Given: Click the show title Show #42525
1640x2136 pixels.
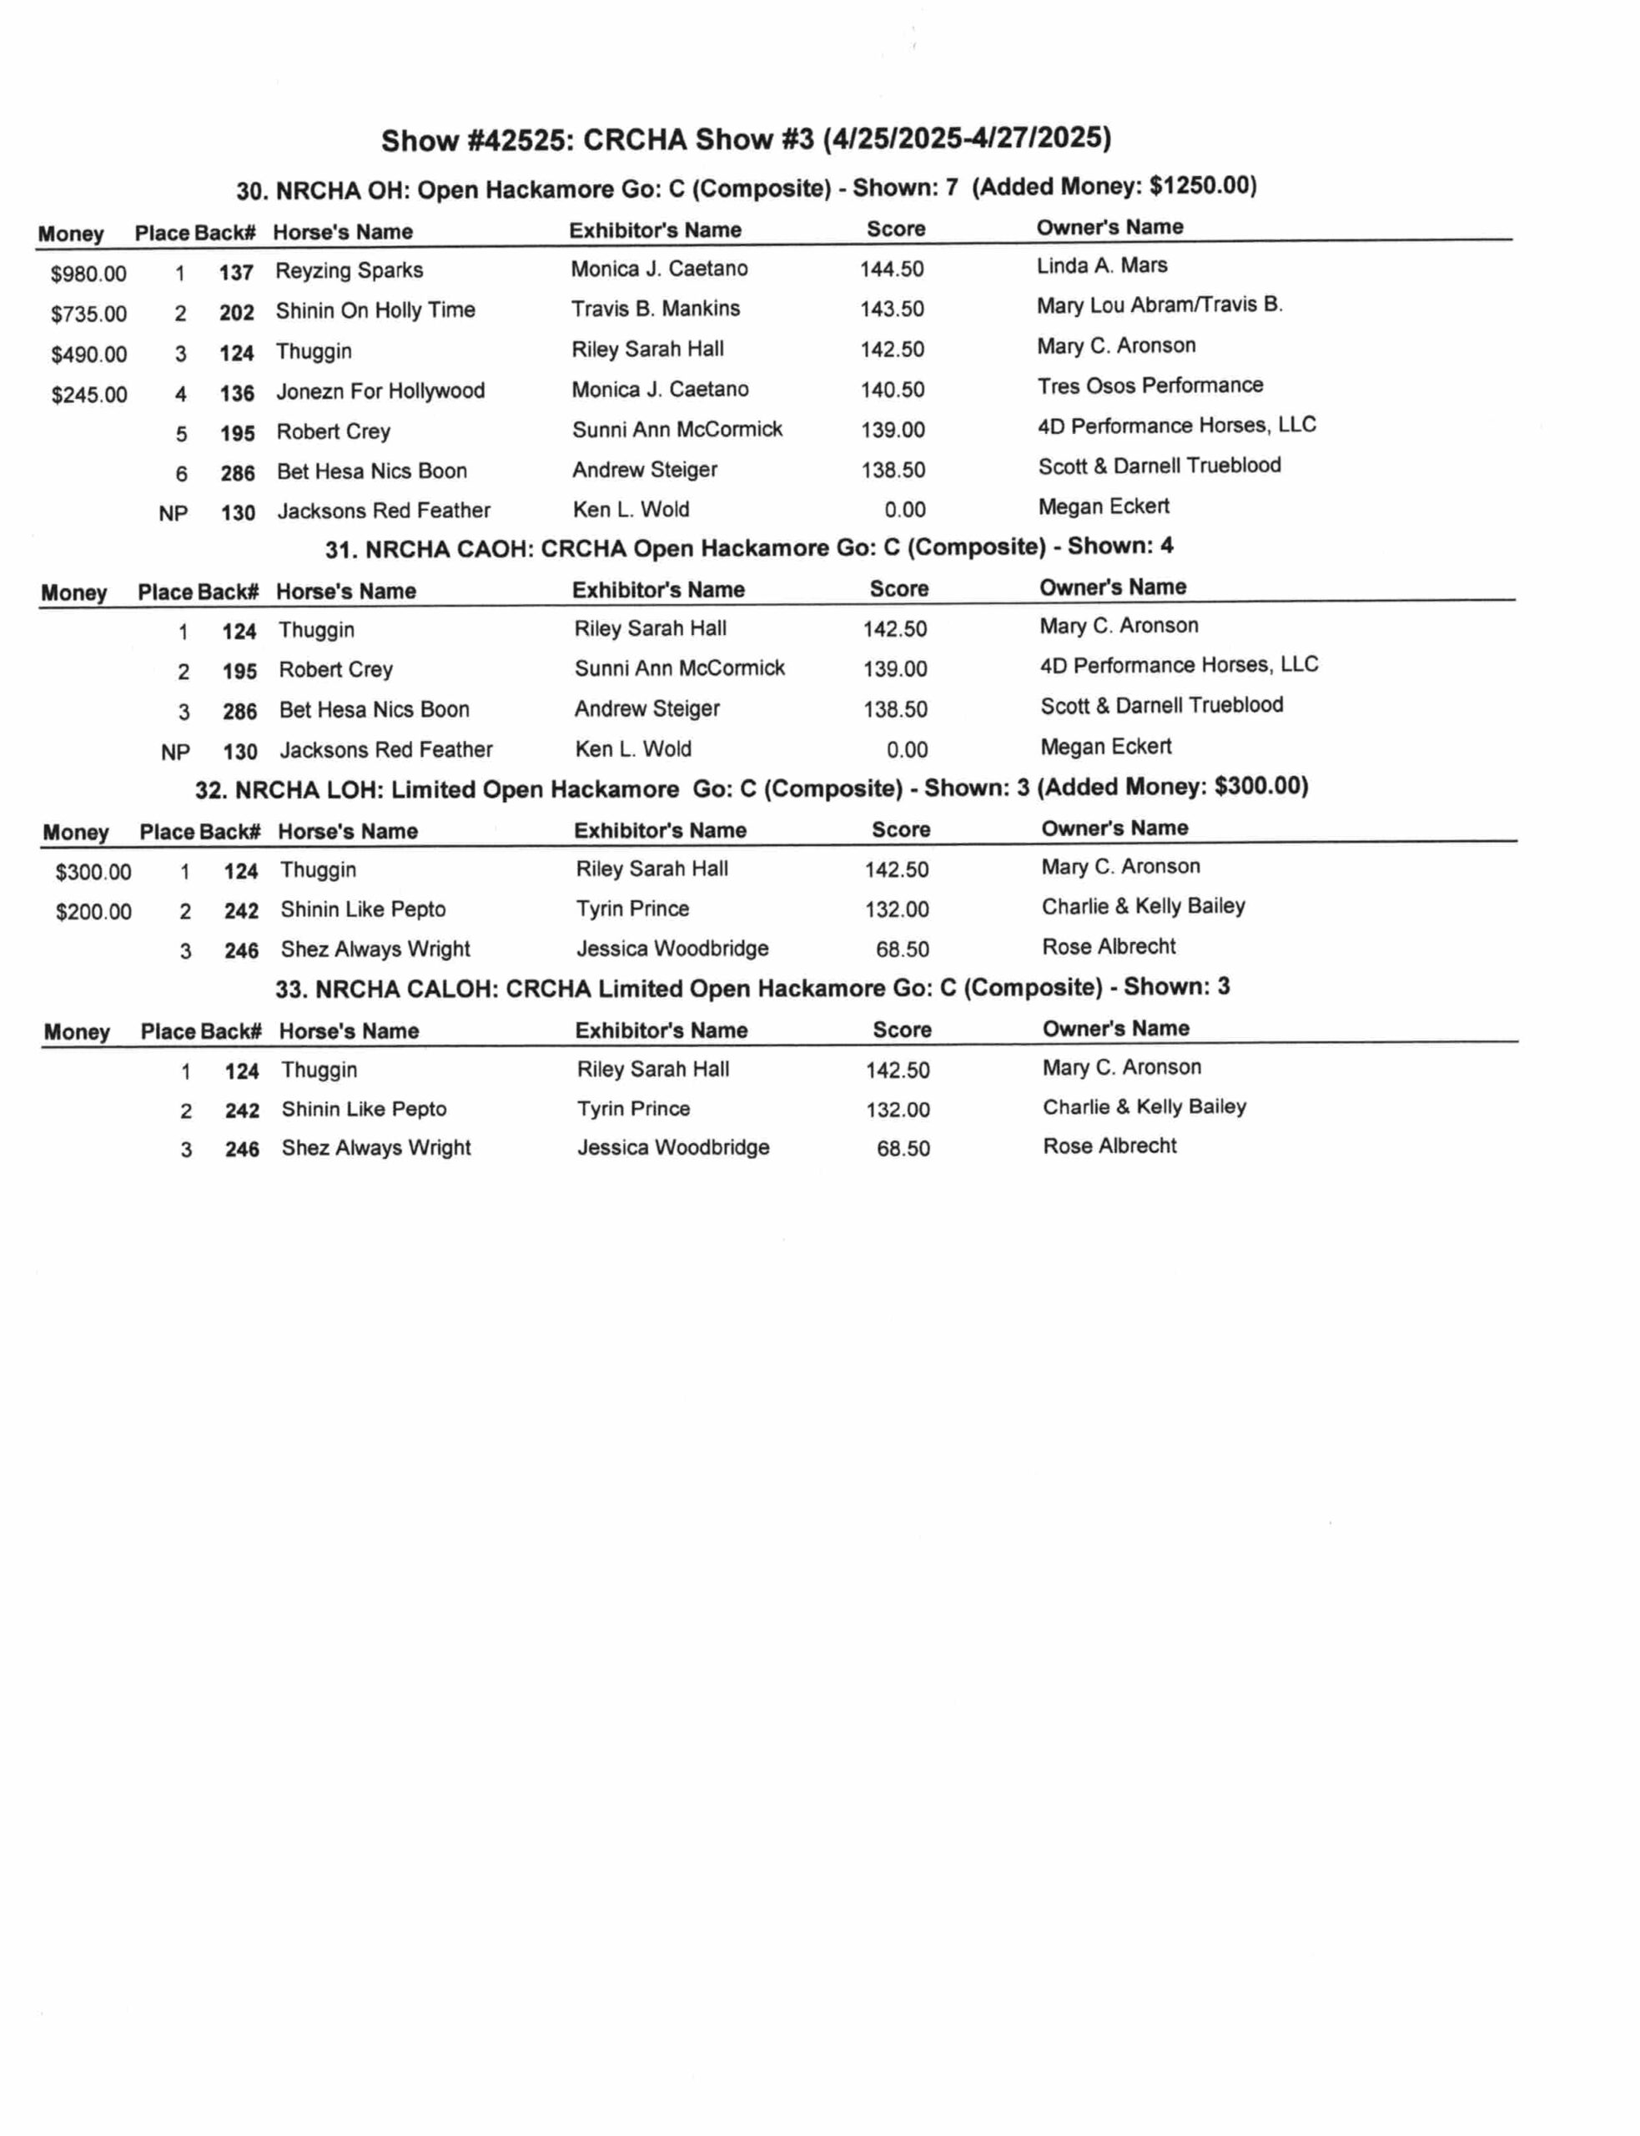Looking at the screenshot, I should point(745,139).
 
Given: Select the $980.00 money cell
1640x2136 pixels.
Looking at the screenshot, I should point(88,275).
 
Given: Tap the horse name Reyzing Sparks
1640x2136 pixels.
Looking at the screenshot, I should point(349,270).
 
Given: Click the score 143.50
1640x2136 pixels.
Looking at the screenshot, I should point(891,310).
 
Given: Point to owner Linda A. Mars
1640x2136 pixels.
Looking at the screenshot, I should point(1101,265).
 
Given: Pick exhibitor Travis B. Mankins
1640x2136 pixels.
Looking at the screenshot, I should point(655,309).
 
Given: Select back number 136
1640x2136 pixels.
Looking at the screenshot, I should point(236,394).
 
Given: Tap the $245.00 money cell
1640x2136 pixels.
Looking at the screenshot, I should point(88,395).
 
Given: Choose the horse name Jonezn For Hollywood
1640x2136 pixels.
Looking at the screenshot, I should point(380,391).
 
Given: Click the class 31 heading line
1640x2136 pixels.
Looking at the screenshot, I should point(749,547).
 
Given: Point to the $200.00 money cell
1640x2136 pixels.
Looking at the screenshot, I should point(93,912).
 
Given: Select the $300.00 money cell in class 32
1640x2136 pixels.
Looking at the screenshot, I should point(93,872).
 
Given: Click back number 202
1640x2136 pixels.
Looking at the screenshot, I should point(236,312).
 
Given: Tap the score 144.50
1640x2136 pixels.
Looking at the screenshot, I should point(891,270).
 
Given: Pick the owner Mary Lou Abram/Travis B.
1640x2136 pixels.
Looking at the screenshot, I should point(1159,305).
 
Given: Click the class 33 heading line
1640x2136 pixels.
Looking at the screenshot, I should point(752,988).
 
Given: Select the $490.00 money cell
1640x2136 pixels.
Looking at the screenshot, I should point(88,355).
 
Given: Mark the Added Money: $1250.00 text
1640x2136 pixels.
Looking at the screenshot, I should point(1114,185).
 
